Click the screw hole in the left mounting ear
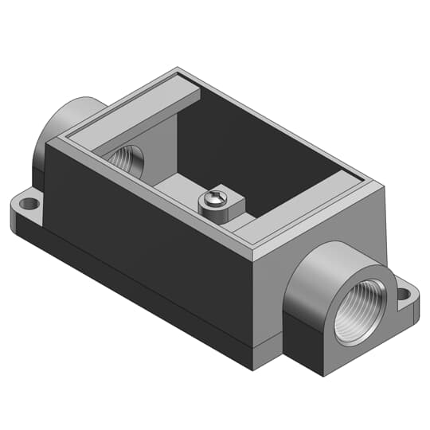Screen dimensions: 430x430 [x=29, y=204]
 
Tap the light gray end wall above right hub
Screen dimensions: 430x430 [x=319, y=227]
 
